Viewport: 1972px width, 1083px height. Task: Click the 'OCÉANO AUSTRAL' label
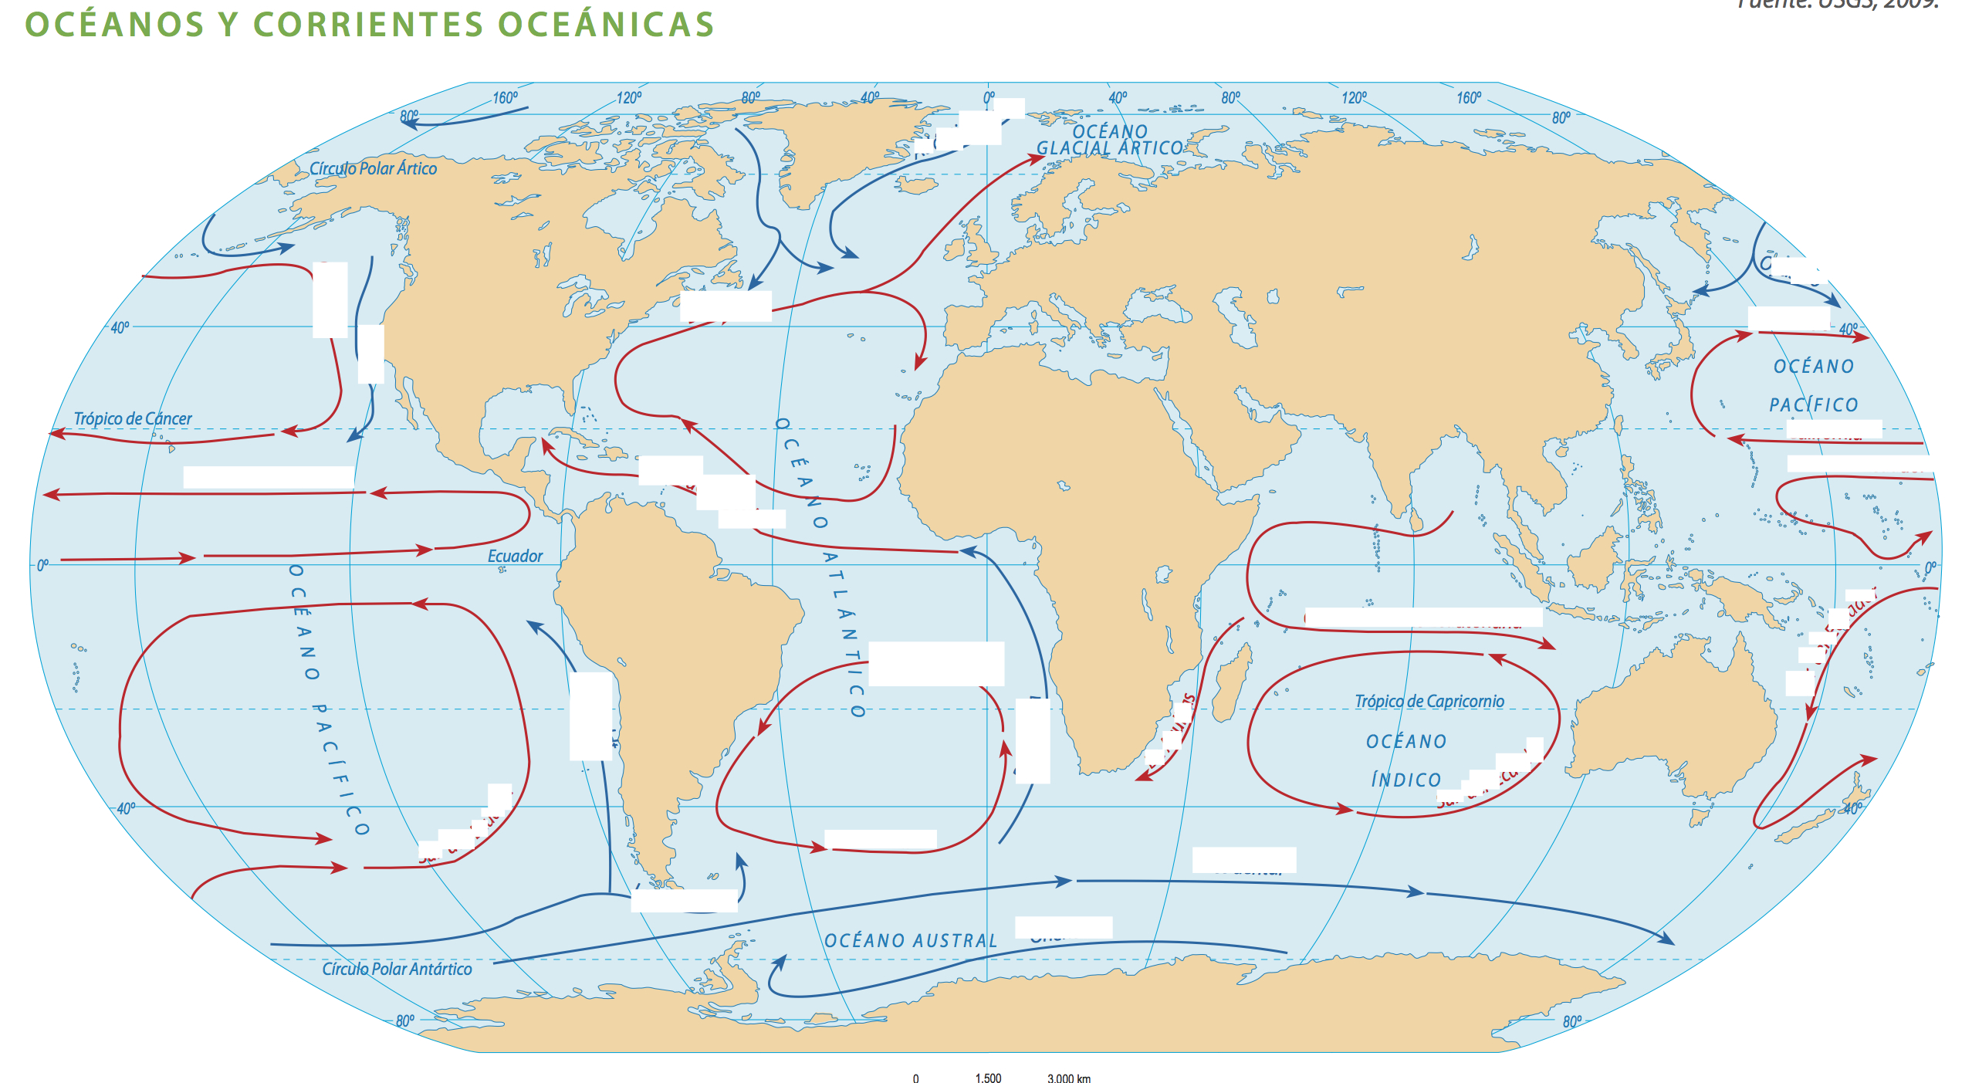click(x=911, y=940)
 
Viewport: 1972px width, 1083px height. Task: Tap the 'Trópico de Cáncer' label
click(x=133, y=418)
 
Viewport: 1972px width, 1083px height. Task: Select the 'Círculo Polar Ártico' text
click(x=373, y=168)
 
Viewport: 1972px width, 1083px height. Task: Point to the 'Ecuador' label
click(x=515, y=556)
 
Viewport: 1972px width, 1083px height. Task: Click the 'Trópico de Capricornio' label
click(x=1429, y=701)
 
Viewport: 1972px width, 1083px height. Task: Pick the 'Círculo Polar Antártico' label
click(x=397, y=969)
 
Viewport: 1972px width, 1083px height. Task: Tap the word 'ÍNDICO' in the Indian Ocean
click(x=1405, y=780)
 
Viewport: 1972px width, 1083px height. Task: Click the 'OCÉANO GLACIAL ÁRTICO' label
click(x=1110, y=140)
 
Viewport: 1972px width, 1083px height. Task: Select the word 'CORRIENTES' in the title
click(x=368, y=25)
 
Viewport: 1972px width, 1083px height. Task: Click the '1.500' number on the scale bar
click(x=988, y=1078)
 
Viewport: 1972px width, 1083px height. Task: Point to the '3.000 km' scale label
click(x=1069, y=1078)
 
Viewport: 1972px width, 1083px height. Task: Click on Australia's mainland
click(x=1675, y=718)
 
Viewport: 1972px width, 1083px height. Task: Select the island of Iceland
click(x=917, y=185)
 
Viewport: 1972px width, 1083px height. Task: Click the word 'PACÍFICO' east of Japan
click(x=1813, y=404)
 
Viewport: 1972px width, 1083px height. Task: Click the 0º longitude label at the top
click(x=989, y=98)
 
